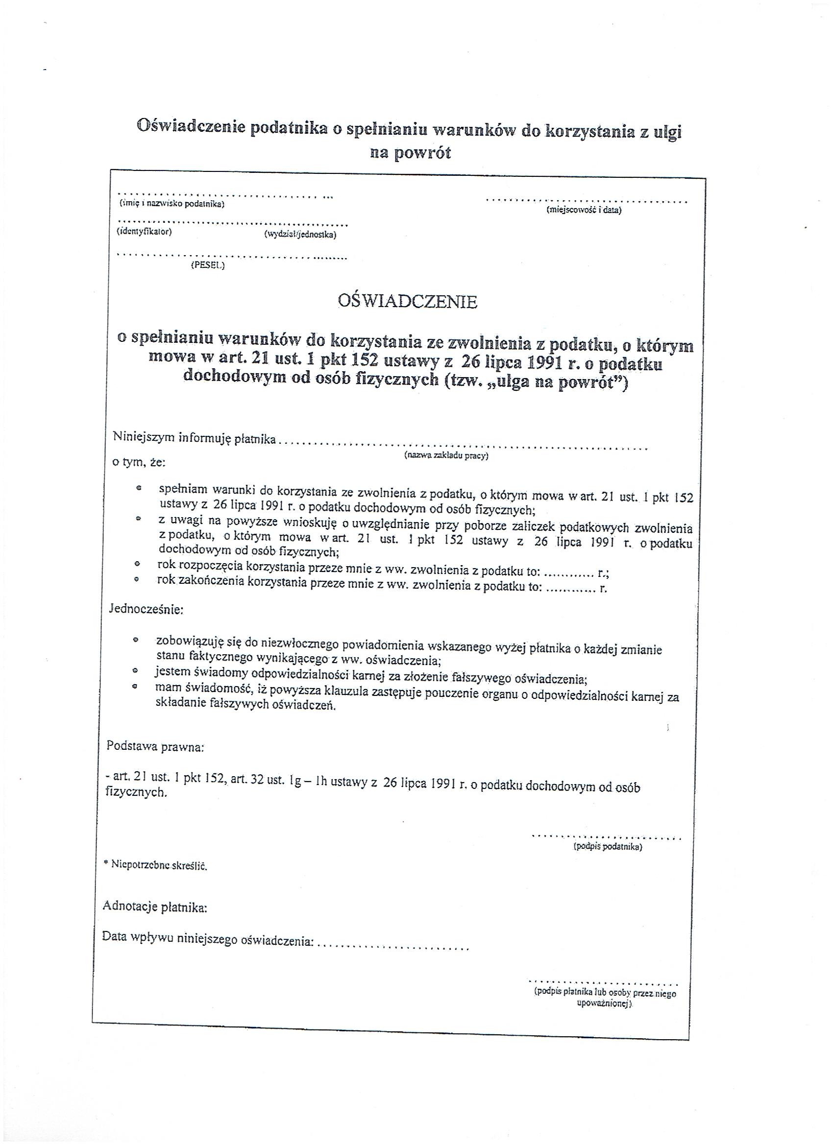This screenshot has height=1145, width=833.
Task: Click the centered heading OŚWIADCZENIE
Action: click(x=407, y=301)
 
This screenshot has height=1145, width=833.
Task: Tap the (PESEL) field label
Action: click(x=208, y=265)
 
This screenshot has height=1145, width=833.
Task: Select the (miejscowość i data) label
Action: click(x=584, y=210)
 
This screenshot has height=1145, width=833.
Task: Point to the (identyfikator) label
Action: click(x=145, y=232)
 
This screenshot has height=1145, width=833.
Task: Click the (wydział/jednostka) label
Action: click(x=300, y=235)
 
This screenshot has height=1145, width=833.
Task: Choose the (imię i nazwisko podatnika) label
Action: click(x=172, y=204)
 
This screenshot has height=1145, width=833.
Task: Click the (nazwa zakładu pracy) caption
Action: click(x=446, y=455)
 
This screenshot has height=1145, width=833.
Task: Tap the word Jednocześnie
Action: click(x=146, y=609)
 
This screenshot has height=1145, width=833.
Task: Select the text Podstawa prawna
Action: click(x=155, y=747)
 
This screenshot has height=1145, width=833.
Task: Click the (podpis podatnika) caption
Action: click(x=607, y=847)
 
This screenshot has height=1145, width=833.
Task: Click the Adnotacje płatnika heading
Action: click(x=154, y=907)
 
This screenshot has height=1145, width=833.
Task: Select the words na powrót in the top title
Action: click(x=410, y=152)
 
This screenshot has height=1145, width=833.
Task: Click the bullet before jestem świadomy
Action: click(x=135, y=671)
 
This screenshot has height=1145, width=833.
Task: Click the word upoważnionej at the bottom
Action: click(x=604, y=1004)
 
